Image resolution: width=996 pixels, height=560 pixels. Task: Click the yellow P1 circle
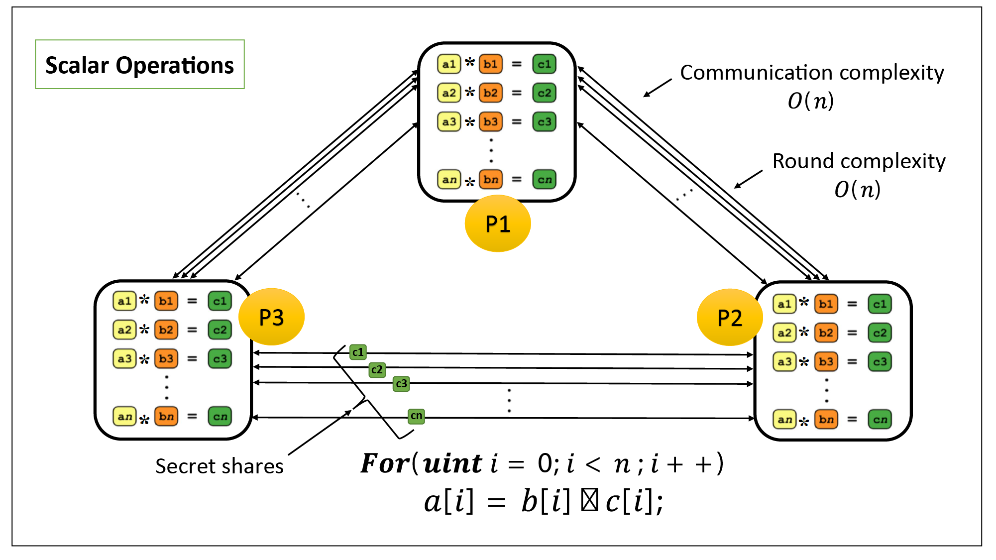click(x=497, y=224)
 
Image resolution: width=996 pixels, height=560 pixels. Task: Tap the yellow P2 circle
click(x=729, y=318)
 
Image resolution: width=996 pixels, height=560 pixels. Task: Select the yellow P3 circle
click(x=271, y=317)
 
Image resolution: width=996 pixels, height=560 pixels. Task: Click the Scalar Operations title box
click(x=139, y=65)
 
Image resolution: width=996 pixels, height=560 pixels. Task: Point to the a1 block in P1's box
click(x=448, y=64)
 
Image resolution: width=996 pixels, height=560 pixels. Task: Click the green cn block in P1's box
click(x=544, y=179)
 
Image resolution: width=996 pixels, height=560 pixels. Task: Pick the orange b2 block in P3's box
click(x=166, y=330)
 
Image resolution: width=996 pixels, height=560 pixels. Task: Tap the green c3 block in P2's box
click(x=880, y=361)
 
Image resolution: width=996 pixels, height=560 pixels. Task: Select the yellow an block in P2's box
click(x=784, y=419)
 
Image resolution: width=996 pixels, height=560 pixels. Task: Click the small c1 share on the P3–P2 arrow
click(x=358, y=352)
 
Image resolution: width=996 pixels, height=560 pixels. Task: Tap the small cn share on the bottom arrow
click(x=416, y=416)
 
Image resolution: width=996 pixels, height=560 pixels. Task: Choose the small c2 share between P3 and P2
click(x=377, y=369)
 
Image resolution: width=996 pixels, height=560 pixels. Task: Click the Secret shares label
click(x=219, y=466)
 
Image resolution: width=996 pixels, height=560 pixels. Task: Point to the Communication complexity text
click(x=811, y=73)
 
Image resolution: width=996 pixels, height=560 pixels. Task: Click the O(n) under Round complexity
click(x=857, y=190)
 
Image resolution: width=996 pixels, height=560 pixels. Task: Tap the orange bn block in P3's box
click(x=166, y=416)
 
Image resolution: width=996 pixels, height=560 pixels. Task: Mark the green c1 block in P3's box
click(x=220, y=301)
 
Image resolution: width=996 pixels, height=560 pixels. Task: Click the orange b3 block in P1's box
click(x=490, y=121)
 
